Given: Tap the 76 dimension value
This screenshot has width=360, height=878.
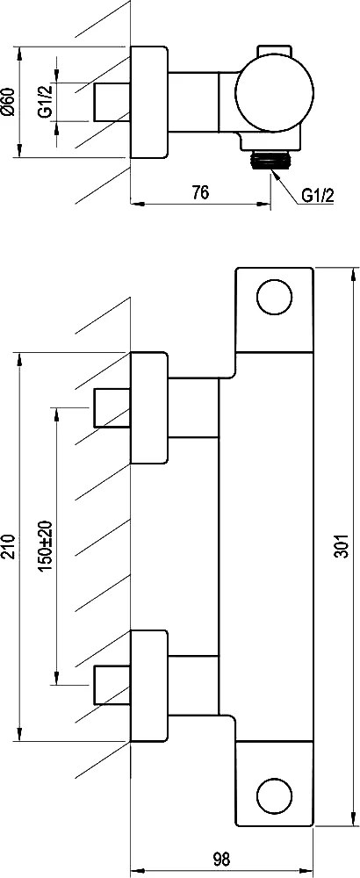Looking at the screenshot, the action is point(200,193).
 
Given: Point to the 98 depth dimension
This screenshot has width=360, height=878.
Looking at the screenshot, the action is point(222,858).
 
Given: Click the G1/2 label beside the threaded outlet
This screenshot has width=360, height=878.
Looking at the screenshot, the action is point(318,196).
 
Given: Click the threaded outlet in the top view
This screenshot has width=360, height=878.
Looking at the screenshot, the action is point(271,160).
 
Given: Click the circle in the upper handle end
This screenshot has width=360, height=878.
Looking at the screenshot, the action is point(274,296).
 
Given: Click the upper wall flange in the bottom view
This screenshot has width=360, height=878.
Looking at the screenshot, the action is point(149,407).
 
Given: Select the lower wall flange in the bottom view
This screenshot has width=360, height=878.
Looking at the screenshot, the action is point(149,686).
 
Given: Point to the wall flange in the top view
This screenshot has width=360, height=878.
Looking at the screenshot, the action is point(149,102).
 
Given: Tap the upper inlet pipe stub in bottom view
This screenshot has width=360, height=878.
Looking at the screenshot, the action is point(112,407).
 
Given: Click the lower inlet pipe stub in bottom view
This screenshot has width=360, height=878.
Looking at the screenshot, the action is point(112,686).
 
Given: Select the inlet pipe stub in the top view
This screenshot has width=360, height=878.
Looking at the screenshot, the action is point(112,102).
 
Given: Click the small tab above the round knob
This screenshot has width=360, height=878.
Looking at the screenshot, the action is point(274,51).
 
